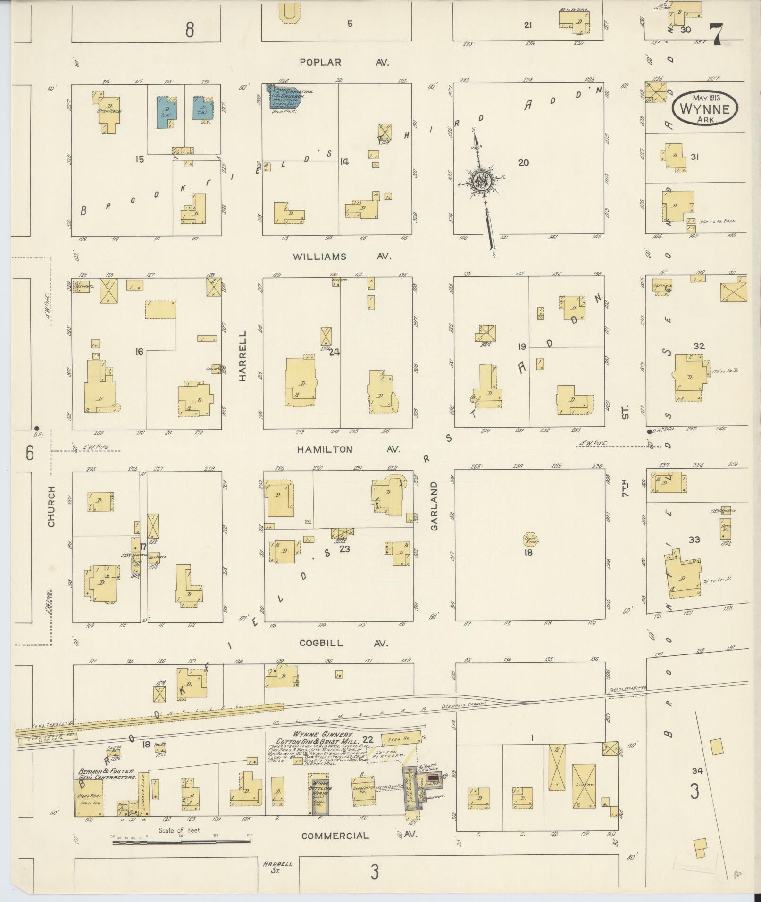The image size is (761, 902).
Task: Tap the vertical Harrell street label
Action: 243,355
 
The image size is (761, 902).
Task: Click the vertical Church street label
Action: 51,506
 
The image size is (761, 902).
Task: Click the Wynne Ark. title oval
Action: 705,108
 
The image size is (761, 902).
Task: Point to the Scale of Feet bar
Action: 182,841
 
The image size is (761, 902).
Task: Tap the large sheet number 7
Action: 717,34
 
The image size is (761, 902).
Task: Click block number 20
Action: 523,163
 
